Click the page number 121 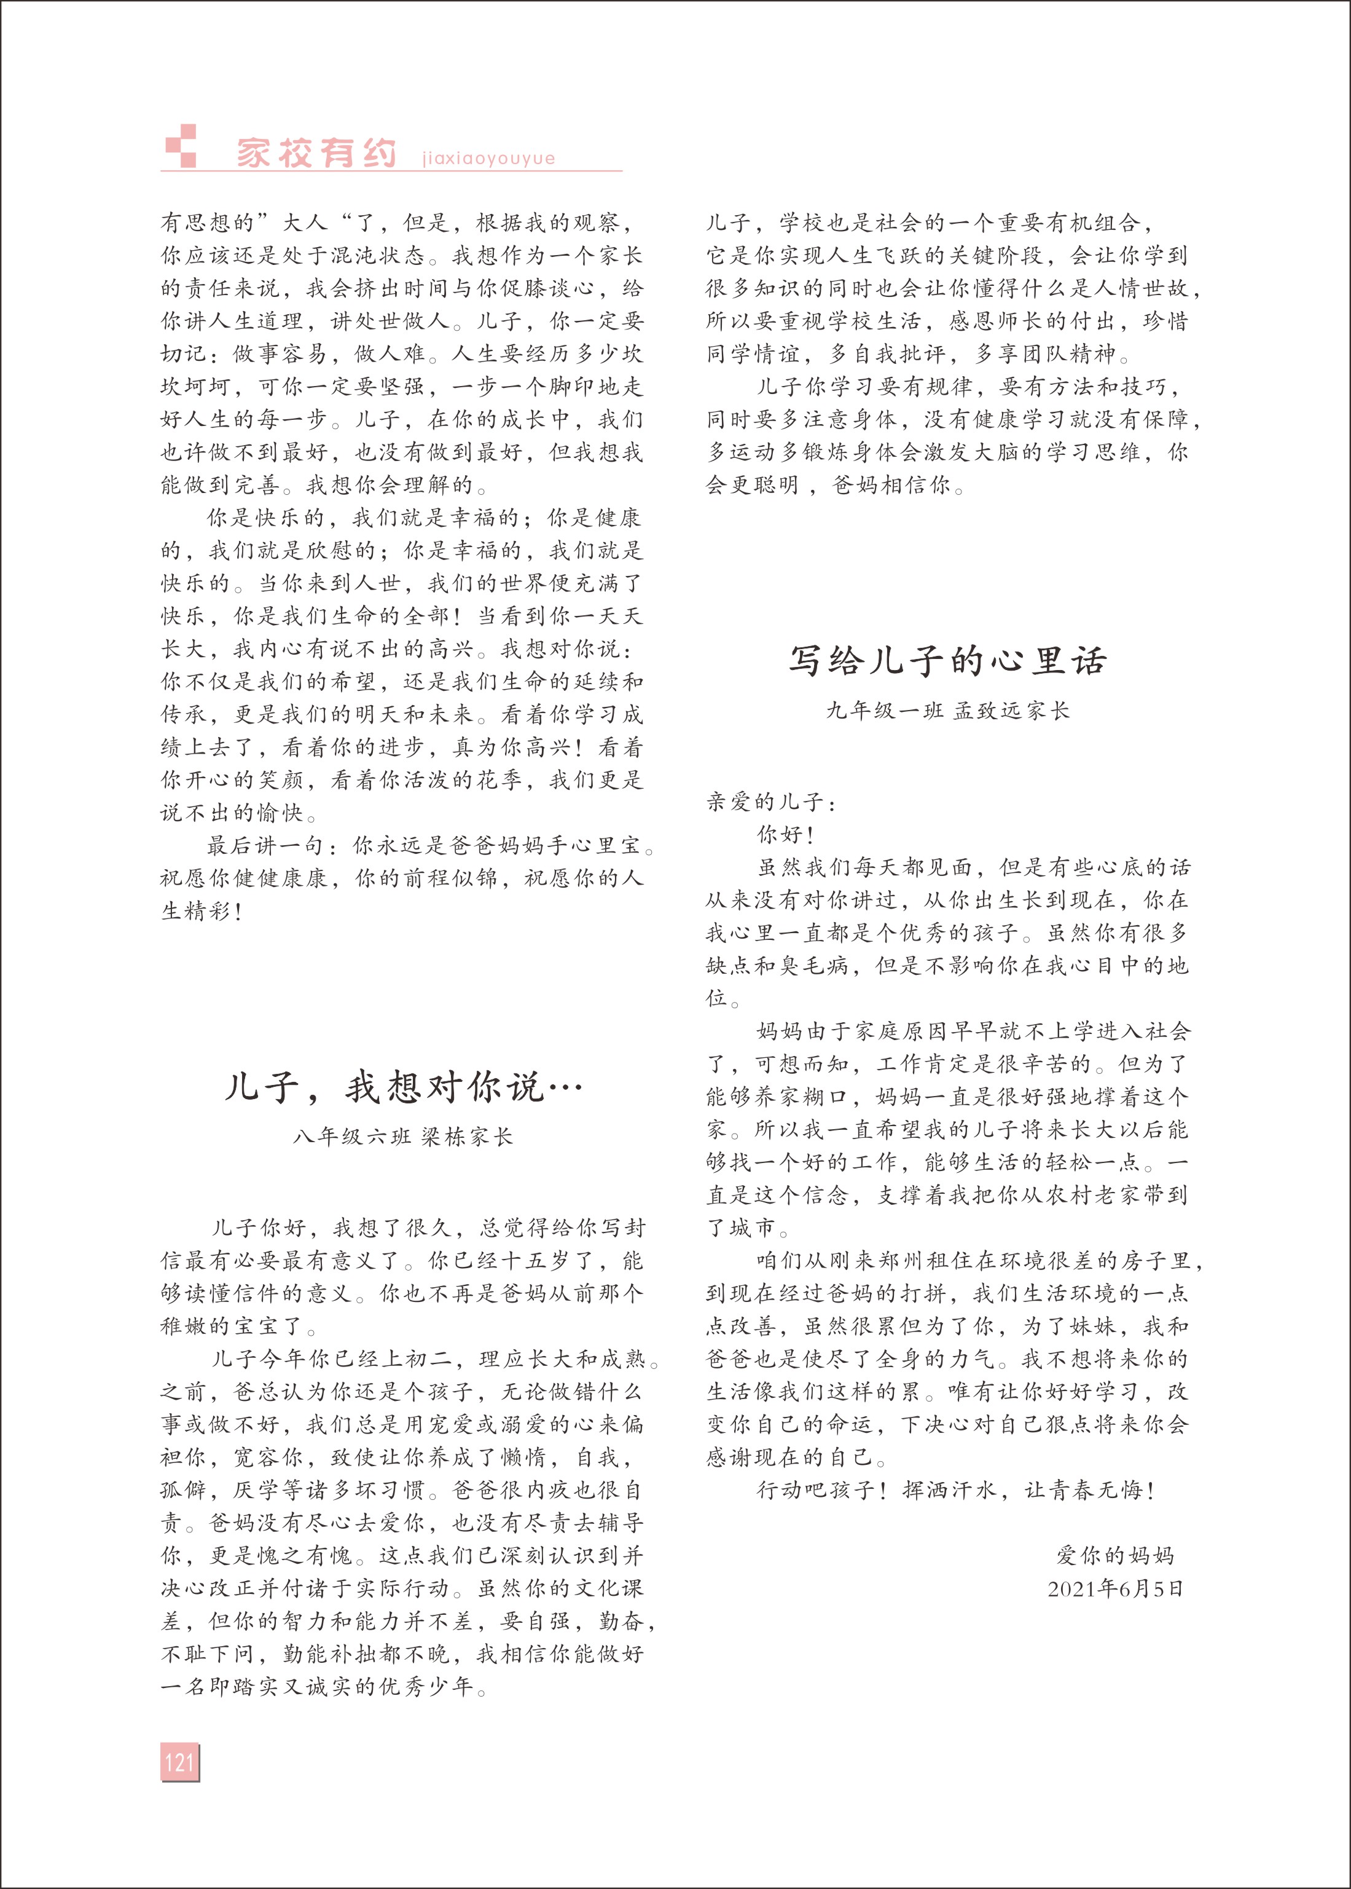pyautogui.click(x=179, y=1762)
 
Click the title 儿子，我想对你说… pyautogui.click(x=404, y=1087)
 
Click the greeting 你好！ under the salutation pyautogui.click(x=786, y=835)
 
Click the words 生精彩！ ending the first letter pyautogui.click(x=202, y=911)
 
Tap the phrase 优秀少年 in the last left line pyautogui.click(x=428, y=1687)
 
